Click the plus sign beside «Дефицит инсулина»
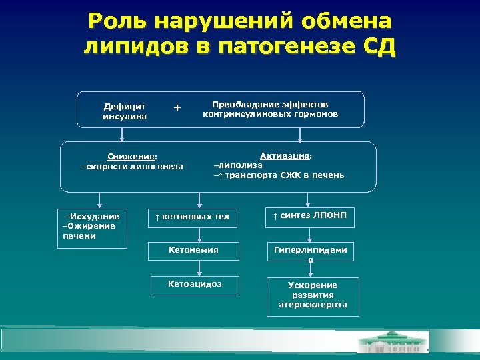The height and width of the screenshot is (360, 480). click(x=177, y=107)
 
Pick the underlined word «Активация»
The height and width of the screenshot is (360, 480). click(x=285, y=155)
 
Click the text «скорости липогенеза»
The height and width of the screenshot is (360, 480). click(x=132, y=166)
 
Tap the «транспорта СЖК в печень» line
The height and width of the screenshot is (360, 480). click(x=283, y=175)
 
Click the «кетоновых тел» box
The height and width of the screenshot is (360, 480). click(x=193, y=217)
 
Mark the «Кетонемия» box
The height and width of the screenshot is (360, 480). click(x=193, y=250)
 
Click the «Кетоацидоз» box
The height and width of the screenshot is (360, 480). click(x=195, y=285)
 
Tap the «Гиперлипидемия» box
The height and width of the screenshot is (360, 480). click(x=311, y=253)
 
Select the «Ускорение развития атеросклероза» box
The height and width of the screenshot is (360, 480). click(x=313, y=295)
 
